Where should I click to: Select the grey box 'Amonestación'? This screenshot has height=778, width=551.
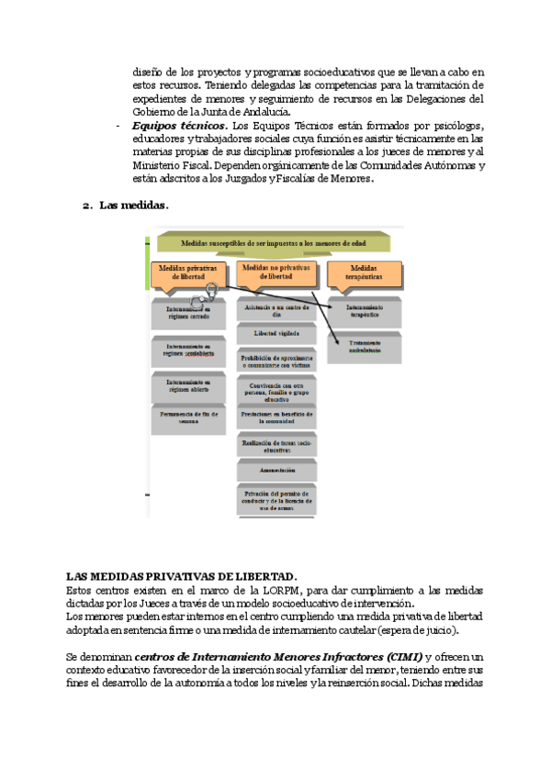pos(276,470)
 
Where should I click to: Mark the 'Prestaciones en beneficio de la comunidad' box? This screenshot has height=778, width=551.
pos(276,418)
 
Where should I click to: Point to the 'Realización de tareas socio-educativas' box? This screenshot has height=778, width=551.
pos(276,447)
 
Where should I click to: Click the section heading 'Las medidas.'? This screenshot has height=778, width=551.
pos(133,206)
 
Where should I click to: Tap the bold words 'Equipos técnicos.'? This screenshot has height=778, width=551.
pos(180,125)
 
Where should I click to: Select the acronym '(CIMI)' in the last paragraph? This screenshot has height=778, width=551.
pos(402,657)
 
